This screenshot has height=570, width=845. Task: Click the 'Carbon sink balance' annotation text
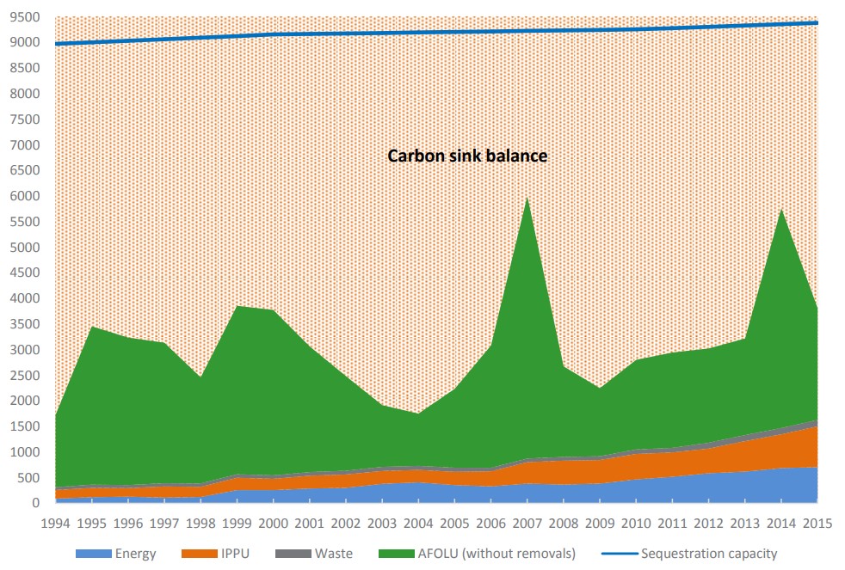(467, 156)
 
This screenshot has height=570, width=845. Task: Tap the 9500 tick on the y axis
(26, 17)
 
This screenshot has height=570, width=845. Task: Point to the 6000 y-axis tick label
(26, 196)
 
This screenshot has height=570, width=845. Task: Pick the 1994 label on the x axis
(55, 522)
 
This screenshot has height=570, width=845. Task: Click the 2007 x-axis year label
(527, 522)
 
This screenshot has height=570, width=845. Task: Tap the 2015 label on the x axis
(817, 522)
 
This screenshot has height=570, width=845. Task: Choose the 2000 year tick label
(273, 522)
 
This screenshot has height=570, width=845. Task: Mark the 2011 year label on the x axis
(672, 522)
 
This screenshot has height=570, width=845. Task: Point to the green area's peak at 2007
(527, 199)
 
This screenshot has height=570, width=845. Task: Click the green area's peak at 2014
(780, 211)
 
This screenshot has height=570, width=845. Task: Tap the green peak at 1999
(237, 307)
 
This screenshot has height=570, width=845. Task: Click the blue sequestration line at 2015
(817, 23)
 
